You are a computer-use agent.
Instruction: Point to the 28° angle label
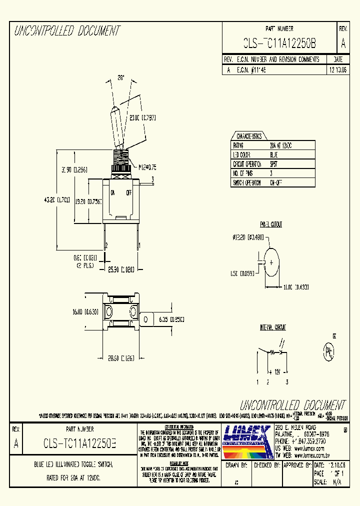pyautogui.click(x=120, y=77)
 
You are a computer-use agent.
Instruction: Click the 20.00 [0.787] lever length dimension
pyautogui.click(x=142, y=118)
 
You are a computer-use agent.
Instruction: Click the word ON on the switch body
pyautogui.click(x=113, y=192)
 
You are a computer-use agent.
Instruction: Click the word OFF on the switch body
pyautogui.click(x=129, y=192)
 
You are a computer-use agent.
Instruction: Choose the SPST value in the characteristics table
pyautogui.click(x=273, y=164)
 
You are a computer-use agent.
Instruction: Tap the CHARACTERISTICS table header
pyautogui.click(x=249, y=136)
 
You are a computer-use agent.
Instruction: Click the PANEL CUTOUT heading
pyautogui.click(x=270, y=225)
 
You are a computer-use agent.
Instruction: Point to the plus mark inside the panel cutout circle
pyautogui.click(x=271, y=262)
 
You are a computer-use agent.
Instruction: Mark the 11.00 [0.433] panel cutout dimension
pyautogui.click(x=295, y=287)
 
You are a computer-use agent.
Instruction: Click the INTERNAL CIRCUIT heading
pyautogui.click(x=272, y=327)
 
